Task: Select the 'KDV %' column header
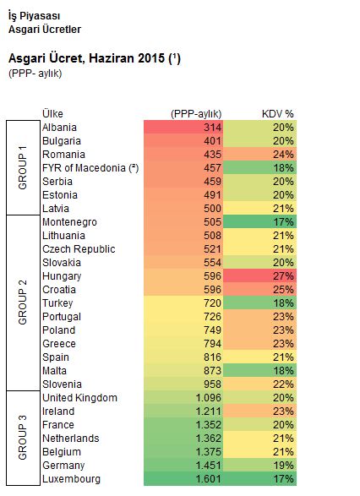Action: click(278, 114)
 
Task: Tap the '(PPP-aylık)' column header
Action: click(196, 114)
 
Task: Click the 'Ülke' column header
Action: click(53, 114)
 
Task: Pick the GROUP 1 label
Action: click(23, 168)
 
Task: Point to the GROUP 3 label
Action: click(23, 439)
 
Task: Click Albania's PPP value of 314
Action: click(212, 128)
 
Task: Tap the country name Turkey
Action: click(57, 303)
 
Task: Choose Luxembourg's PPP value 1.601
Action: click(208, 479)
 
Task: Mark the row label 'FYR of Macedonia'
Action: click(85, 168)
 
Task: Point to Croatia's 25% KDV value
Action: click(283, 290)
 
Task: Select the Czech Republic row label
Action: click(79, 249)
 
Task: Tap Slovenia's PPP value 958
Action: click(212, 384)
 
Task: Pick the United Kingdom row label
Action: click(79, 398)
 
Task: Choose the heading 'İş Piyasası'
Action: click(34, 16)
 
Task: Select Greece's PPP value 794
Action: click(212, 344)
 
